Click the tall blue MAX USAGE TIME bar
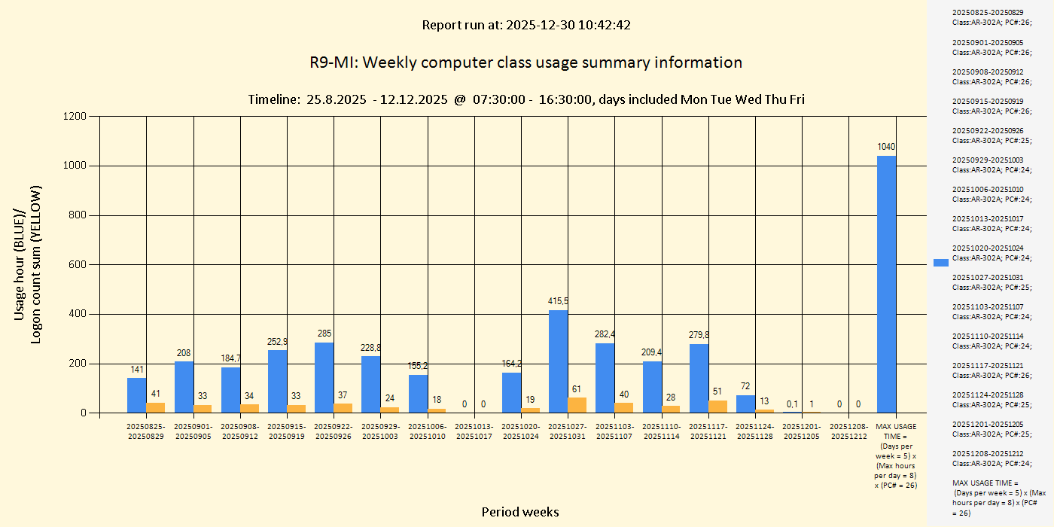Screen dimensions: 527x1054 [x=886, y=285]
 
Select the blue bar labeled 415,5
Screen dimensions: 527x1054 [x=558, y=361]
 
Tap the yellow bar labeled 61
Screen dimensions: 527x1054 [x=577, y=405]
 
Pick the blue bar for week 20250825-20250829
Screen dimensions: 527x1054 [x=136, y=395]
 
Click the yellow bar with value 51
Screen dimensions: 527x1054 [x=717, y=407]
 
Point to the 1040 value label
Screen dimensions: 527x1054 [x=886, y=147]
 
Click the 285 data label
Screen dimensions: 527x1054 [x=324, y=334]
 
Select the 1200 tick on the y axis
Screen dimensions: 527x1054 [x=75, y=116]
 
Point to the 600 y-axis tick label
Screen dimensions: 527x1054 [x=78, y=265]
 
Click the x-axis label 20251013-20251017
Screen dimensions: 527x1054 [x=474, y=431]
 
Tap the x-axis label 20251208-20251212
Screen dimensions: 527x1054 [x=848, y=431]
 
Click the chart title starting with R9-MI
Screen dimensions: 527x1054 [x=525, y=62]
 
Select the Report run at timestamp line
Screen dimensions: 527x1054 [x=525, y=25]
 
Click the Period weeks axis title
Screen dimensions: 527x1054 [x=520, y=512]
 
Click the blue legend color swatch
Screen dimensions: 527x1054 [x=940, y=262]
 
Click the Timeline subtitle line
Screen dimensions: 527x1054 [x=525, y=99]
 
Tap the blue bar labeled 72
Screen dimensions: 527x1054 [x=745, y=404]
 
